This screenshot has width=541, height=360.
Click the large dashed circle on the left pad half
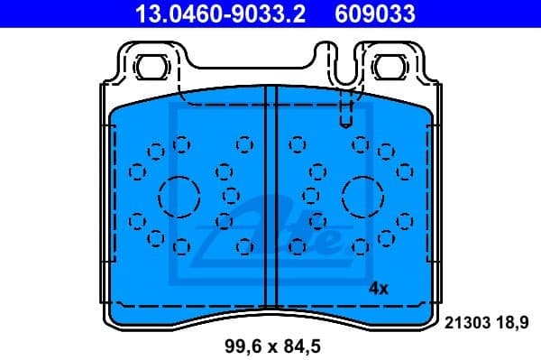tap(178, 194)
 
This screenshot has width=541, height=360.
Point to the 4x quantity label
tap(379, 289)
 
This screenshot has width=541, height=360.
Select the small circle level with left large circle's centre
tap(230, 193)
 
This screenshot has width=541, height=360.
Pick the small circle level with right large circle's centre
tap(311, 193)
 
